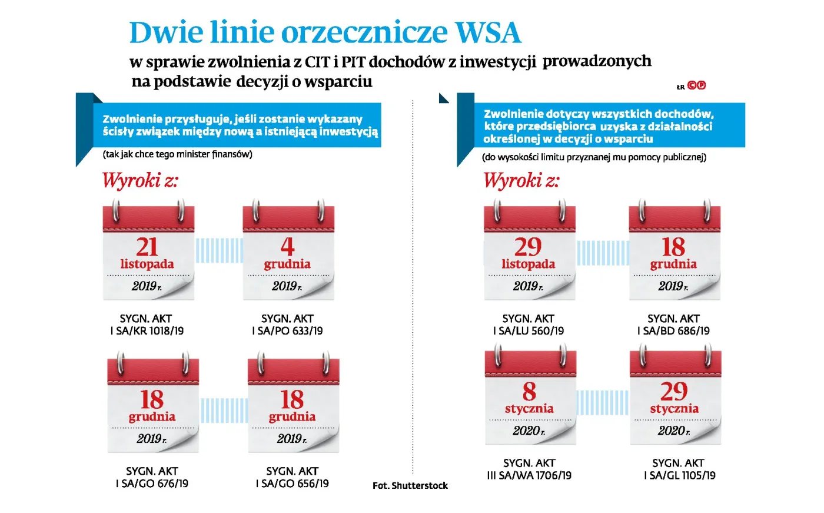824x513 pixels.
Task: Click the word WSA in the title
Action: click(x=488, y=32)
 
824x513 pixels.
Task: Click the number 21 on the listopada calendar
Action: click(x=147, y=246)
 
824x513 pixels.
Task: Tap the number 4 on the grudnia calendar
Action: click(x=287, y=246)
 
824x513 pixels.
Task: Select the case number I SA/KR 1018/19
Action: click(x=147, y=331)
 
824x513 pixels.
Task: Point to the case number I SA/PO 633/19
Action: click(x=287, y=331)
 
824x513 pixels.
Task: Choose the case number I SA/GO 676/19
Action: click(x=152, y=484)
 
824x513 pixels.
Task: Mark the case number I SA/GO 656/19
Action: click(x=292, y=484)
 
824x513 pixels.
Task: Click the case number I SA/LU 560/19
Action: click(x=528, y=331)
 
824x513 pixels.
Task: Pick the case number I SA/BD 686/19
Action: click(x=673, y=331)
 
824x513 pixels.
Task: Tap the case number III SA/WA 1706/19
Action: click(x=529, y=475)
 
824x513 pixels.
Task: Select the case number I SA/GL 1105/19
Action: click(x=679, y=475)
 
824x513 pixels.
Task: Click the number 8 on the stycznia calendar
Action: click(x=529, y=392)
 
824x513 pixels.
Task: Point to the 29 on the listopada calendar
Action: click(x=527, y=246)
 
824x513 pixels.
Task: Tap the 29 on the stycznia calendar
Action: click(x=674, y=392)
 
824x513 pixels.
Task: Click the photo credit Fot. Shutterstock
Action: click(x=410, y=485)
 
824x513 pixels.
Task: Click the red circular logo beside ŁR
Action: click(x=697, y=85)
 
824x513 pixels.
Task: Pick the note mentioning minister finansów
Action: click(x=178, y=154)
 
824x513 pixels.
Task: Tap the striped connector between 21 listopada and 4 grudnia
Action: click(x=219, y=250)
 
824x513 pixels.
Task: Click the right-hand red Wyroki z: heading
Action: click(x=521, y=180)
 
